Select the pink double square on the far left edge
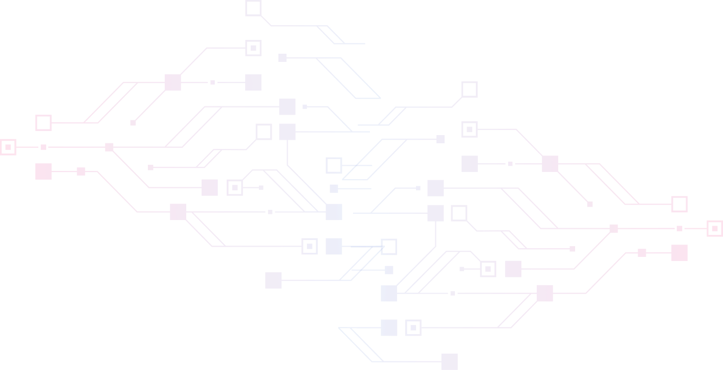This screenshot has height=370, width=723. (8, 147)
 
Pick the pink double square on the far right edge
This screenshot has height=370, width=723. (715, 228)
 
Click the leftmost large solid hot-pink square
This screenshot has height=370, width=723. (43, 171)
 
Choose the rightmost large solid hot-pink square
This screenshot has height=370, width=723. (680, 253)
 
